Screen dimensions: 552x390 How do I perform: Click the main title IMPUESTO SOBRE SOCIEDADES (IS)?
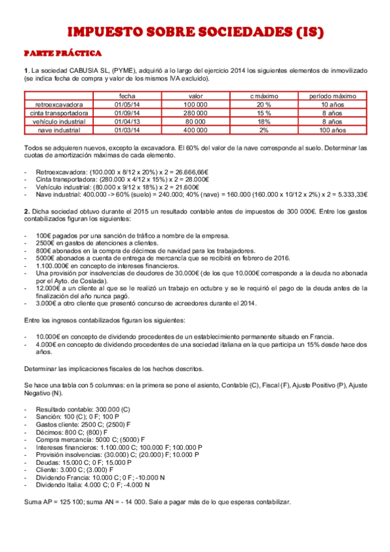point(195,32)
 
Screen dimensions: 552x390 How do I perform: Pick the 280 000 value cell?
point(195,113)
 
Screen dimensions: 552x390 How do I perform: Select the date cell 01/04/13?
point(132,121)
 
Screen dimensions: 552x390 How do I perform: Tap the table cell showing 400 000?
point(195,130)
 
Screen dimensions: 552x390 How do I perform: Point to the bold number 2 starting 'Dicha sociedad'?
point(25,211)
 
